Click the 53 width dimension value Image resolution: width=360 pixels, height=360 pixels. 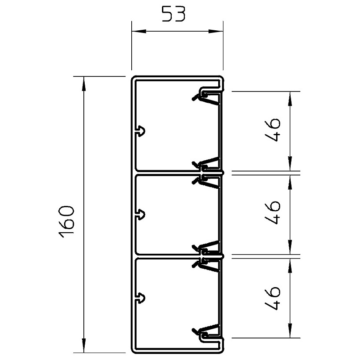click(173, 14)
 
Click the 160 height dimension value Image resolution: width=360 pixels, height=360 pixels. click(66, 220)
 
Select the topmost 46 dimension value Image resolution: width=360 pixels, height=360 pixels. click(273, 130)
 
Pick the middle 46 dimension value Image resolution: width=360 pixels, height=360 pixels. click(273, 212)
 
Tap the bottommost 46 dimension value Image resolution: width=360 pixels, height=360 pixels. click(273, 298)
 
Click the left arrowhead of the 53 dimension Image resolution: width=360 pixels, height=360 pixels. click(139, 31)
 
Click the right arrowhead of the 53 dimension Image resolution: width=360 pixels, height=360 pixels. click(216, 31)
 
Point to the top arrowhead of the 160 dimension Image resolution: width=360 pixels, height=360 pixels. click(84, 83)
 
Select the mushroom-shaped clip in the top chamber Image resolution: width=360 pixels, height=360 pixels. click(140, 132)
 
